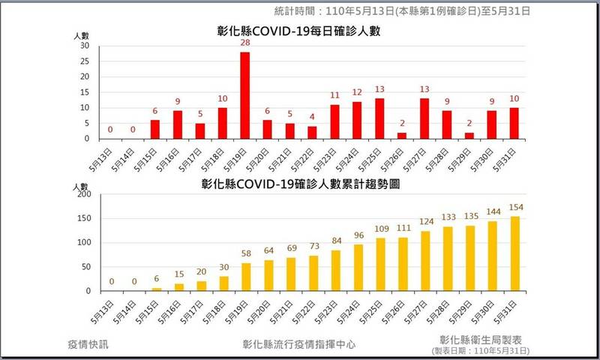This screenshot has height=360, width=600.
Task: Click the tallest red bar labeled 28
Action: [244, 95]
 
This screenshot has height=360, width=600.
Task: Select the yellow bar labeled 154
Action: [514, 253]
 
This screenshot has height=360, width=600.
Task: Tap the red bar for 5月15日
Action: [154, 129]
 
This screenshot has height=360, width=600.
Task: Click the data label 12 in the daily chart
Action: [357, 92]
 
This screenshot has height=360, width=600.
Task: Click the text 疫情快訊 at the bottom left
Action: [88, 344]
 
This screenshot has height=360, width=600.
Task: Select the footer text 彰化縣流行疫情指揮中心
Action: [298, 344]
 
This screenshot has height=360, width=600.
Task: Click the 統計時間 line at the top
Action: [401, 11]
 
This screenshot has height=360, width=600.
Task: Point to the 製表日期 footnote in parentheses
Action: [481, 351]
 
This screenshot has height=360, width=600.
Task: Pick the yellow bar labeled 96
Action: [357, 268]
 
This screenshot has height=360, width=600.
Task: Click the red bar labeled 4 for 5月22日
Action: [312, 132]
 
